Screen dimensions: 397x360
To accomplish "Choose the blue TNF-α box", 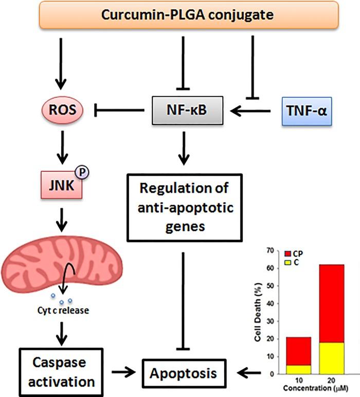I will pos(305,110).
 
